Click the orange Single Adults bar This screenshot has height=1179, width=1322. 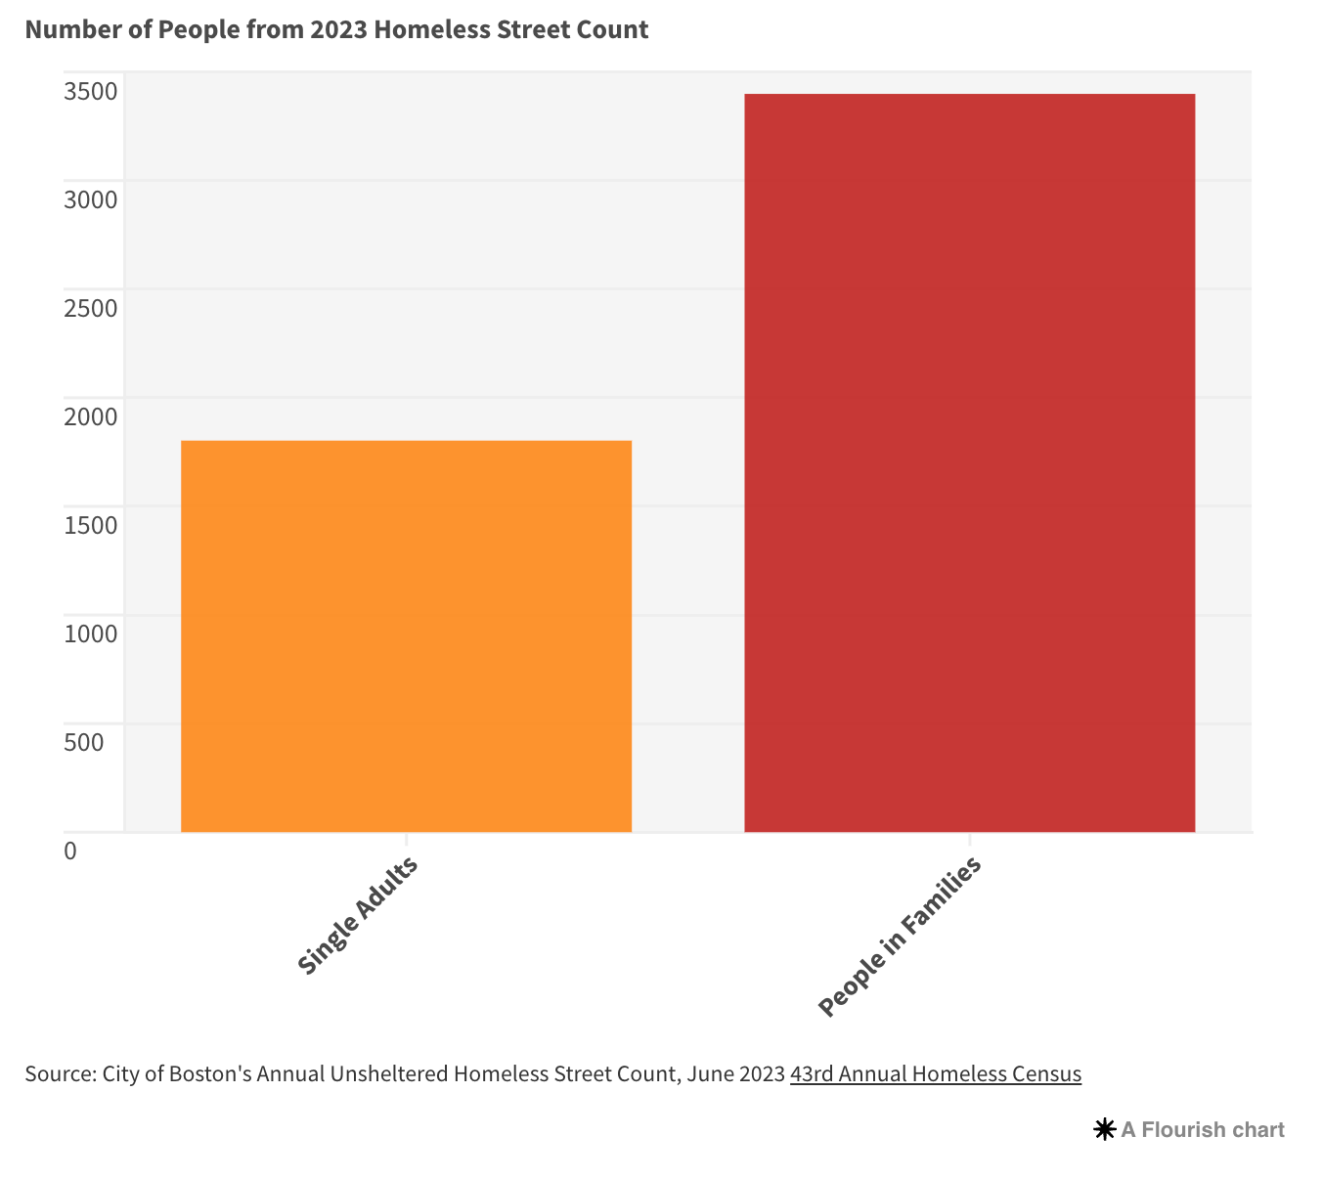coord(406,636)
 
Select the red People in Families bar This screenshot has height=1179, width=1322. coord(970,462)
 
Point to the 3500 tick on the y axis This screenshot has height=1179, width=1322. coord(91,91)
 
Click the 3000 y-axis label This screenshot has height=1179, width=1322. coord(91,199)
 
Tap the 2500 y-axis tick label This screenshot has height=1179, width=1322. coord(91,308)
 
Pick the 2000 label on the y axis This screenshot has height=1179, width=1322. coord(91,416)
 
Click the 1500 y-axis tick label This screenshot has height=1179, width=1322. coord(91,525)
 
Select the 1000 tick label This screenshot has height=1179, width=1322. coord(91,633)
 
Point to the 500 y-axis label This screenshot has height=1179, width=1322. coord(83,742)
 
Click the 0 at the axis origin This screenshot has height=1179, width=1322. coord(70,851)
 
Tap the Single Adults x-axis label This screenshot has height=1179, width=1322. coord(357,915)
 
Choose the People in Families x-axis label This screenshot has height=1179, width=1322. coord(900,937)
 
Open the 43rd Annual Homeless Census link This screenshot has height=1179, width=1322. coord(936,1074)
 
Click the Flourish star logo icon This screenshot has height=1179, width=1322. coord(1105,1129)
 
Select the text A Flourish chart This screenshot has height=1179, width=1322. coord(1203,1129)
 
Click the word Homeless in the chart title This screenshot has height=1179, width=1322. coord(432,29)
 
